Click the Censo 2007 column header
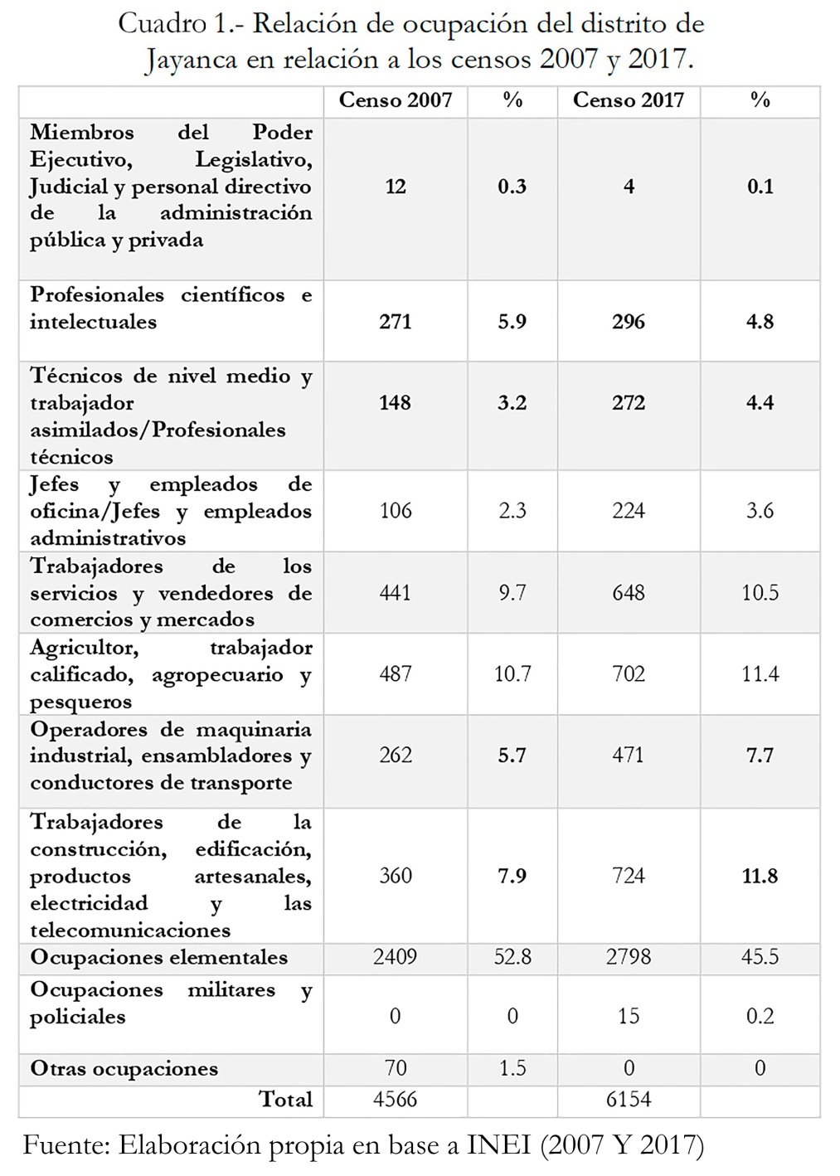396,100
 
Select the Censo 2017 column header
628,100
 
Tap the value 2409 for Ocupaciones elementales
395,957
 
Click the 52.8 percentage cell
512,957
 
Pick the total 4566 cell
395,1100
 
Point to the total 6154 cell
628,1100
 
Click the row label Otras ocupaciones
124,1069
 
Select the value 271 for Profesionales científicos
395,322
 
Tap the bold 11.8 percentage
760,876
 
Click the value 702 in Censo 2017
628,673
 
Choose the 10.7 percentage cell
512,673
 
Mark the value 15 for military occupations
628,1016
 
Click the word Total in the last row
285,1100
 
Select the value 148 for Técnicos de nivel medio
395,402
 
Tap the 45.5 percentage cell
760,957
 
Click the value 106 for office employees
395,510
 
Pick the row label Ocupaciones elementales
159,957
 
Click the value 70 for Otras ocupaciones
395,1067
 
